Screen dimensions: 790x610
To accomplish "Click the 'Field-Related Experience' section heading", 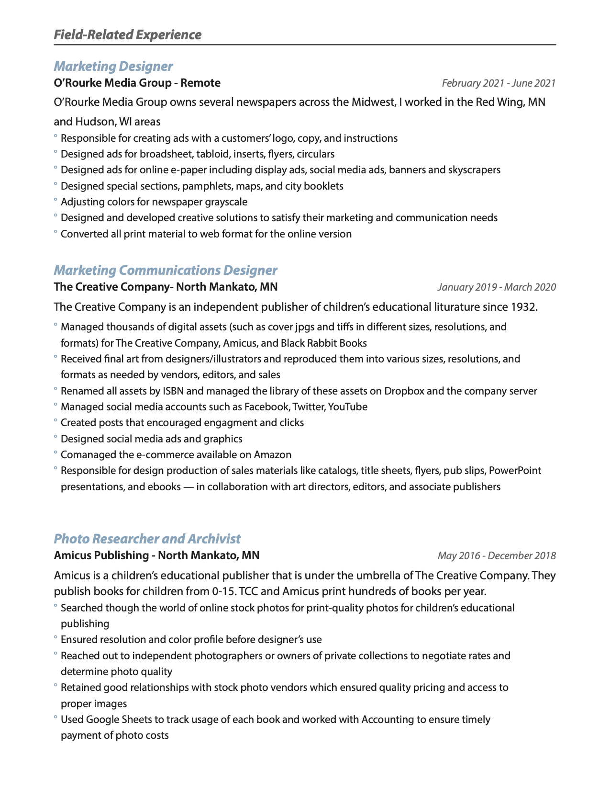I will [127, 35].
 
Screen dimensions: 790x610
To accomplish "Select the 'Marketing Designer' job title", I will [113, 66].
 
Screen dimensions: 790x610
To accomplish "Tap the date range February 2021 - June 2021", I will [499, 83].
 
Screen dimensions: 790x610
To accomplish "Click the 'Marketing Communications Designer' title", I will [165, 270].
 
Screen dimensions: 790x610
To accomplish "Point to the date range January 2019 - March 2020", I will [497, 287].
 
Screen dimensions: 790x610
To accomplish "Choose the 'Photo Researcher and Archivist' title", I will [147, 539].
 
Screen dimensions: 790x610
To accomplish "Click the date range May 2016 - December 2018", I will [497, 556].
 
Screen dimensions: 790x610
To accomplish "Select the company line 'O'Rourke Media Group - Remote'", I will [137, 83].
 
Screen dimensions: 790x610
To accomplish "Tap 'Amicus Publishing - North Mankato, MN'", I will [156, 555].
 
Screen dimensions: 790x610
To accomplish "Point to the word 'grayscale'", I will [226, 202].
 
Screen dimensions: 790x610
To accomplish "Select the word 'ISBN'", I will [173, 391].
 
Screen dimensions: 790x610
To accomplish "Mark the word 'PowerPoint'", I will [515, 471].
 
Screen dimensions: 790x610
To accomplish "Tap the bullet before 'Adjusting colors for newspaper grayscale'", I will [55, 201].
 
